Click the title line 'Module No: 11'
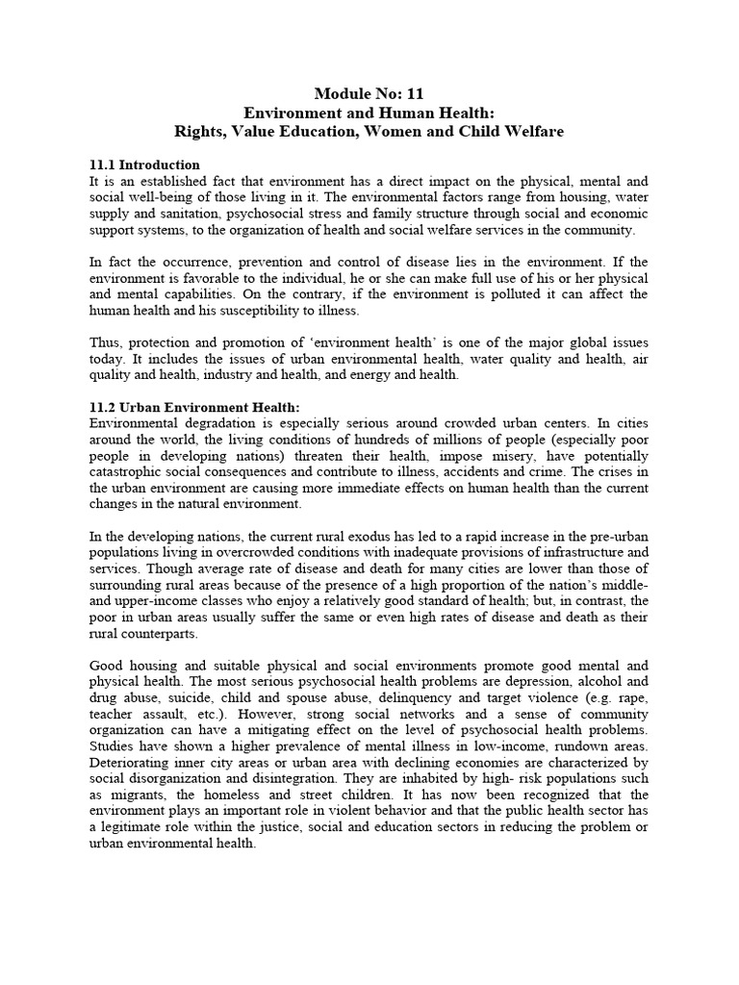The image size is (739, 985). click(369, 93)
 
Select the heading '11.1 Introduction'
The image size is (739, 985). click(144, 164)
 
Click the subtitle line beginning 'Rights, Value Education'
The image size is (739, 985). click(369, 131)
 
